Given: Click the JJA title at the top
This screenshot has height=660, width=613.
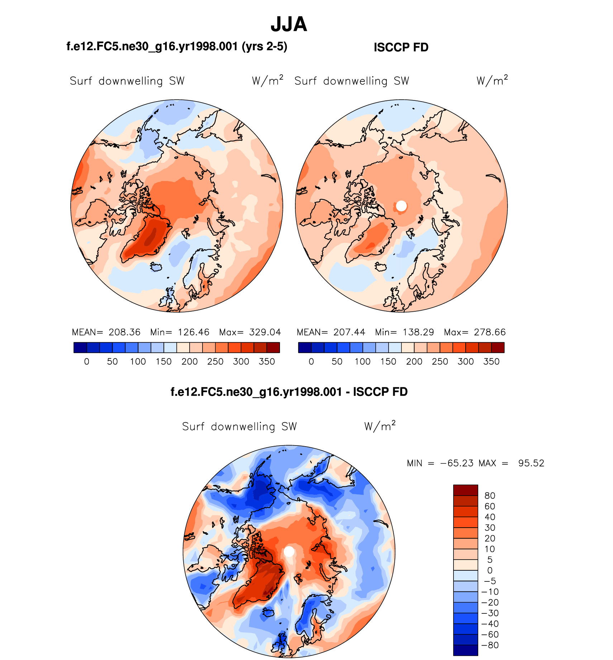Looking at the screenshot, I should coord(289,24).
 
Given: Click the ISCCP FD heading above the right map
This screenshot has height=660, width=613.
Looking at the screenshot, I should coord(401,47).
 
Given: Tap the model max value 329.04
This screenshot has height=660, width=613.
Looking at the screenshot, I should coord(265,332).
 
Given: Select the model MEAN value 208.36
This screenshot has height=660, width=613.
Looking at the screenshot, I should coord(124,332).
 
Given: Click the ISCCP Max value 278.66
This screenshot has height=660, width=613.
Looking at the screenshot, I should coord(490,332).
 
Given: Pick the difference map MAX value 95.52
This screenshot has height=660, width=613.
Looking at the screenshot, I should coord(531,463).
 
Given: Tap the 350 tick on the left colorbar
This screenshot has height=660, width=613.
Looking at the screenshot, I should coord(267,362).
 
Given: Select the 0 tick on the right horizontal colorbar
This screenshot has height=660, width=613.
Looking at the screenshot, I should coord(311,362).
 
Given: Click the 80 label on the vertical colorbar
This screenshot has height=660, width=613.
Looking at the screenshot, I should coord(490,496).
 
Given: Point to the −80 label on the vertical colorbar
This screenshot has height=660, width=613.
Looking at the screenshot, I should coord(490,645).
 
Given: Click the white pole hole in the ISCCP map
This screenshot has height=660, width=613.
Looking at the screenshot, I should coord(401,206).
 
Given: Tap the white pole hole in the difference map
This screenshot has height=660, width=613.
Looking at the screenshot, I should coord(289,552).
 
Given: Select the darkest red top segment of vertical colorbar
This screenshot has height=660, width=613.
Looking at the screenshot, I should coord(465,490).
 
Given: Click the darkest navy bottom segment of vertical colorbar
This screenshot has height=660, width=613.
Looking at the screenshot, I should coord(465,650).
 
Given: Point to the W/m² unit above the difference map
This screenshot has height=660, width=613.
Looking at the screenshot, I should coord(380,426).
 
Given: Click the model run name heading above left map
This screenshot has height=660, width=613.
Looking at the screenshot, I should coord(177,47).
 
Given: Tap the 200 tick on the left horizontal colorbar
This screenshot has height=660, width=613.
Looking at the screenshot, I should coord(189,362).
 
